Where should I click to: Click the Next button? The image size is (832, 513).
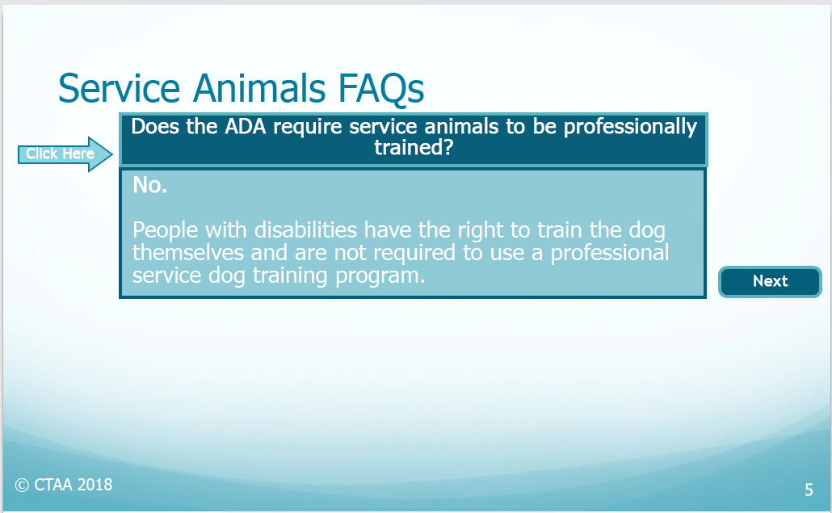tap(770, 282)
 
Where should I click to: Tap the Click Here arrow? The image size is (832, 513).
tap(65, 153)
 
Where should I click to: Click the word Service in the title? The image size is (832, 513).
tap(120, 88)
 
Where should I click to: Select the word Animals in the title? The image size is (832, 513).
tap(259, 88)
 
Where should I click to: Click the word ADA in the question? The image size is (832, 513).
tap(245, 127)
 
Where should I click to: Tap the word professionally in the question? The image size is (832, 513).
tap(630, 128)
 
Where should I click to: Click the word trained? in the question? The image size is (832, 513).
tap(414, 148)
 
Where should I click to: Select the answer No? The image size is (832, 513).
tap(149, 185)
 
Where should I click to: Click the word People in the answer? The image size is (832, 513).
tap(165, 231)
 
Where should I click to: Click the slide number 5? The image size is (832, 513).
tap(809, 490)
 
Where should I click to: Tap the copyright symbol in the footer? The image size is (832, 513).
tap(22, 485)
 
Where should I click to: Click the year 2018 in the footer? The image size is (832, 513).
tap(95, 485)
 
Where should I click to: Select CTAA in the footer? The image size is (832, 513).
tap(53, 485)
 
